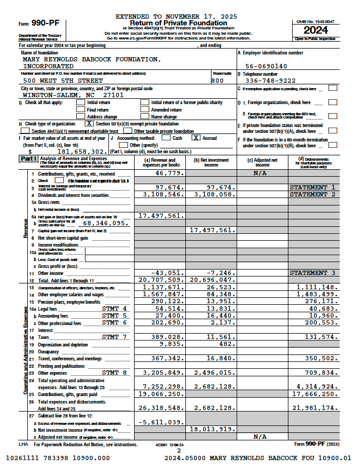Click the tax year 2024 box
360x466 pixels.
[316, 30]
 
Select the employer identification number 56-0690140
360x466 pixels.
[266, 66]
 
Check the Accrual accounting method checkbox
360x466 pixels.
[196, 138]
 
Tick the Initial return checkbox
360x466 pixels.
[80, 102]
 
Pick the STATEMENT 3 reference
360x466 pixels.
[312, 273]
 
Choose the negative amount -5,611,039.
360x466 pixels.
[161, 422]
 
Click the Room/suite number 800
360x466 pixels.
[217, 81]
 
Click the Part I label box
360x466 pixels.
[28, 159]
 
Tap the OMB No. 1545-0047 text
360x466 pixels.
[316, 21]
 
